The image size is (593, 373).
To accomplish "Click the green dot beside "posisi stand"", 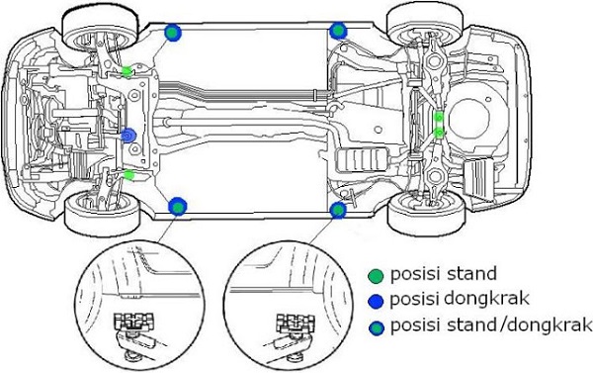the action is pos(376,276).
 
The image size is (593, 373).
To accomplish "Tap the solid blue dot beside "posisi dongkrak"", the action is pos(376,301).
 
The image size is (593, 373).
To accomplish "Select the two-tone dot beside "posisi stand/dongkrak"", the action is pos(377,328).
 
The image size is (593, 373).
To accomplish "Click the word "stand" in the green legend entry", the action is pos(471,273).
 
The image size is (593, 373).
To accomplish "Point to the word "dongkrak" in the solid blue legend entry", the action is pos(486,299).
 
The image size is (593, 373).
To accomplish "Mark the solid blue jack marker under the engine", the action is pos(128,136).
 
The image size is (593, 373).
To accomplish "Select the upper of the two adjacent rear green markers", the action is pos(439,117).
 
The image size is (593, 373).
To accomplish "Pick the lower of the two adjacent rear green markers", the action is pos(439,133).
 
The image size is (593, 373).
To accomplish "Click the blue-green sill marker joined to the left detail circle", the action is pos(177,207).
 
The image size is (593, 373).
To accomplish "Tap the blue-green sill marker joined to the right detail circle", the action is pos(338,210).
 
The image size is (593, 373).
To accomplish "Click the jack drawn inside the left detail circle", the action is pos(135,334).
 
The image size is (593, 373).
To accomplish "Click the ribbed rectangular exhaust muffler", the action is pos(360,160).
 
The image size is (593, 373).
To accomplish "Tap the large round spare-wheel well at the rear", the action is pos(469,123).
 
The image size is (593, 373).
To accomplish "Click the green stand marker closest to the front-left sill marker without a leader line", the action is pos(127,71).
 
